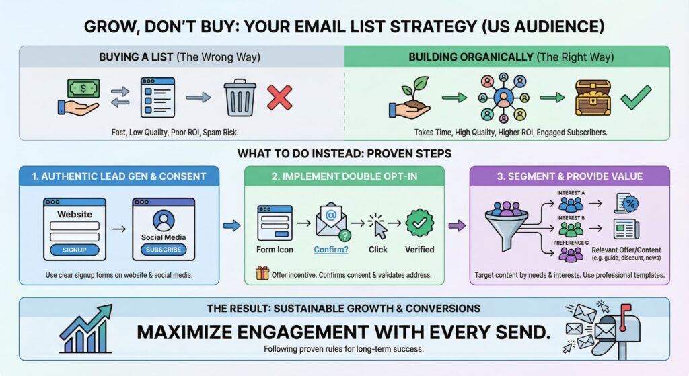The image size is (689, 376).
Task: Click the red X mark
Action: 279,99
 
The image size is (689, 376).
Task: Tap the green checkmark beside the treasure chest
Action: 635,99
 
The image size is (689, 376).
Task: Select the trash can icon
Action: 240,99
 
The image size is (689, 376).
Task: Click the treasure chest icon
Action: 592,98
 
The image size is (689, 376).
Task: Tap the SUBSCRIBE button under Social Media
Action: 163,249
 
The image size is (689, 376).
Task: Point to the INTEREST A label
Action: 571,193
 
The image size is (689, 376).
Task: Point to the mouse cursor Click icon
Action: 379,226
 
